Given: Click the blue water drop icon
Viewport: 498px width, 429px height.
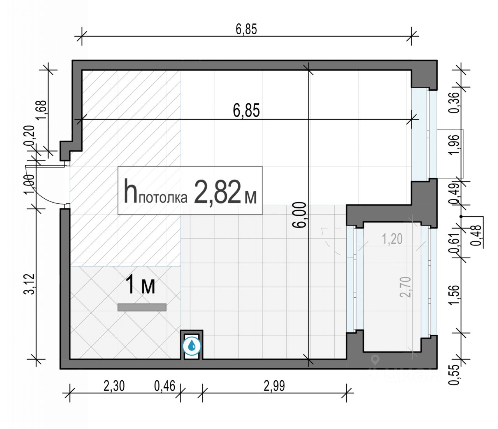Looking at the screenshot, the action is (192, 346).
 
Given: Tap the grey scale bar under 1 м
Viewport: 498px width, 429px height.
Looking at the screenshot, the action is (142, 307).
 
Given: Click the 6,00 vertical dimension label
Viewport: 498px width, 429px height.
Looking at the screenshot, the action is (300, 215).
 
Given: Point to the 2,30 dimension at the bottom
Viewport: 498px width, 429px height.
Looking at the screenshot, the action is (114, 386).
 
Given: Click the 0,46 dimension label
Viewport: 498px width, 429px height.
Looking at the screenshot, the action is (165, 386).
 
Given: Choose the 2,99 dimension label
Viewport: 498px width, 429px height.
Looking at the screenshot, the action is (274, 386).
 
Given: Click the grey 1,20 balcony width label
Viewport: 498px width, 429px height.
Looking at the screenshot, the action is (392, 239).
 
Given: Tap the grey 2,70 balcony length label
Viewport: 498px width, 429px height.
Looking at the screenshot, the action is (405, 287).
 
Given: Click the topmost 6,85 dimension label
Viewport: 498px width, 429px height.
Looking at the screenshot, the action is (246, 29).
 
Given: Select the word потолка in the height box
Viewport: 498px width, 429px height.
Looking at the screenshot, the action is (163, 198).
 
